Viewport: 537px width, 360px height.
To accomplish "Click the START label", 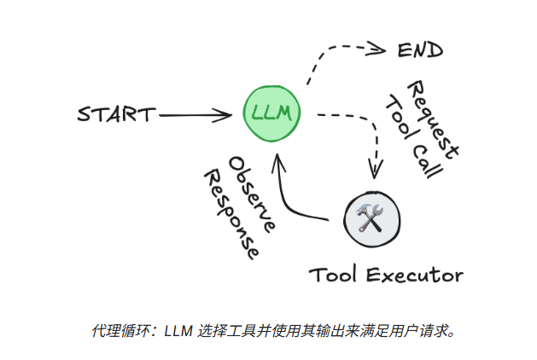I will pos(116,113).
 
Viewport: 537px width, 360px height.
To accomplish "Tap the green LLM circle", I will pos(271,113).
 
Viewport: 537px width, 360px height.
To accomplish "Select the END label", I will pos(420,50).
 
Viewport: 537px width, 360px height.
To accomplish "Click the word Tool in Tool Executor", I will pos(333,275).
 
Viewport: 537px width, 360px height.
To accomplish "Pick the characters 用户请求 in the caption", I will pos(425,329).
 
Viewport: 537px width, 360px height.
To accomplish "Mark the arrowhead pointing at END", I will pos(381,50).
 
